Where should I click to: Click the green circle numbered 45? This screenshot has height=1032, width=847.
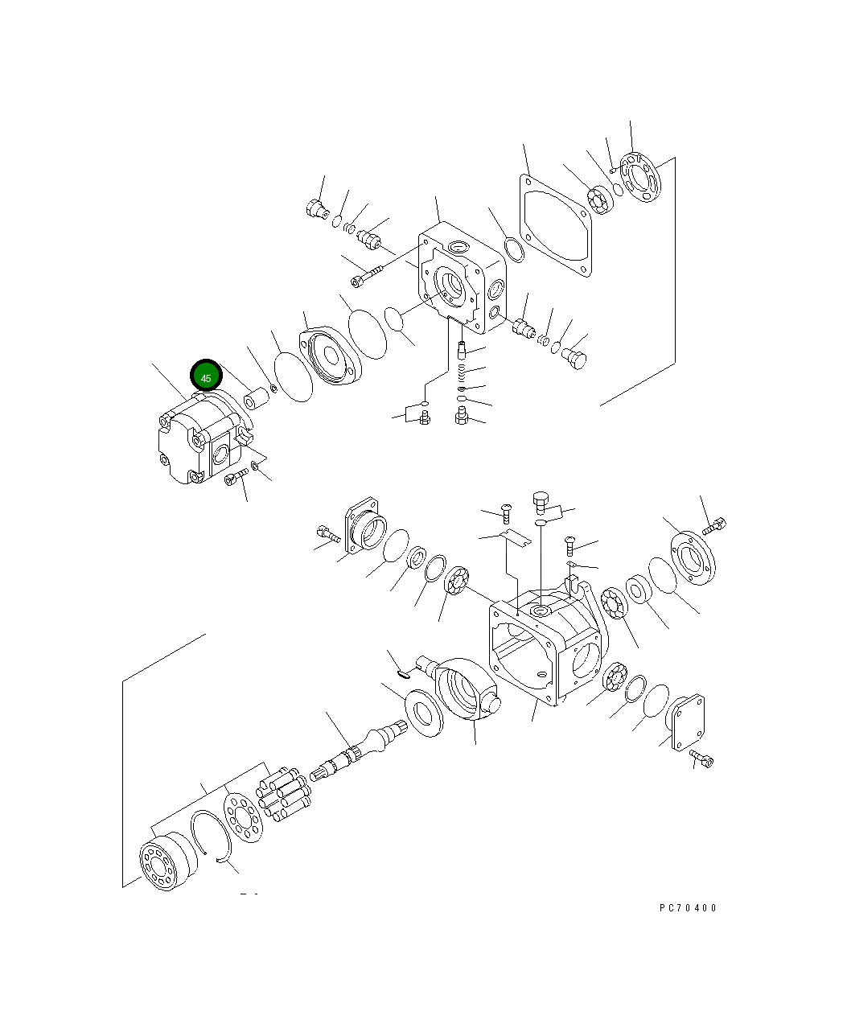206,376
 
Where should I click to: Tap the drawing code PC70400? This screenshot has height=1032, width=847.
688,908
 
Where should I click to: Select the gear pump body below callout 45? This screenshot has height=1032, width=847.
204,438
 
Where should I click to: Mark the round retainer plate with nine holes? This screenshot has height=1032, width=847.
243,817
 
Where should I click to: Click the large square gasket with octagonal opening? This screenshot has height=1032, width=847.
555,225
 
